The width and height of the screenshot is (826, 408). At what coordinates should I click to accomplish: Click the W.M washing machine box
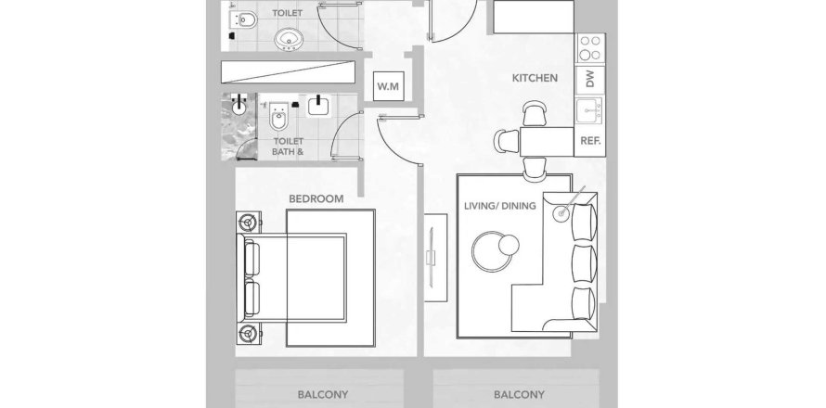[388, 87]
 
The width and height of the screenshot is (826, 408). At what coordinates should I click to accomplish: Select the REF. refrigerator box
[588, 141]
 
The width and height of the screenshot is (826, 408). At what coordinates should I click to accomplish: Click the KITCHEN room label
[535, 79]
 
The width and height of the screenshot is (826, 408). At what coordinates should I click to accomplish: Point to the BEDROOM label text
[316, 198]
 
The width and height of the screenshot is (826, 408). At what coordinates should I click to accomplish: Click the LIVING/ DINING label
[499, 206]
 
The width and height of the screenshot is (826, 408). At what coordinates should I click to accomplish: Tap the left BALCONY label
[322, 394]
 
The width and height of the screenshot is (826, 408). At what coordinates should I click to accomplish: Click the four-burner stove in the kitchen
[590, 47]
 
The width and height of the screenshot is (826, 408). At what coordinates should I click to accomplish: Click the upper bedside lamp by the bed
[249, 223]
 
